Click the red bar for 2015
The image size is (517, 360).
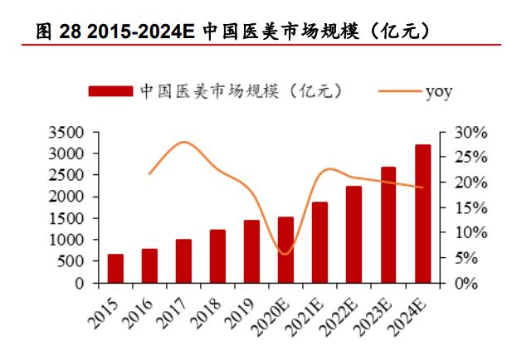(115, 268)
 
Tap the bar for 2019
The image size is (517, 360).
(251, 251)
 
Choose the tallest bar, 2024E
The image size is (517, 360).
(422, 213)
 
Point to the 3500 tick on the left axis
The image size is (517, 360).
(67, 132)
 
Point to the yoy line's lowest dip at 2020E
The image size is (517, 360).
(285, 254)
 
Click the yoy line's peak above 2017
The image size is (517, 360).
(184, 142)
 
